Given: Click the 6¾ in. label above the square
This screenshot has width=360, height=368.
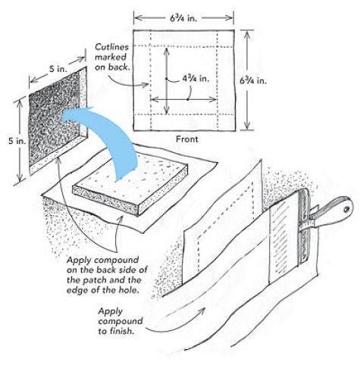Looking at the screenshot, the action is click(x=183, y=17).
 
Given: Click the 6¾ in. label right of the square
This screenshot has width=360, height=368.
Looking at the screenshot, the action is click(x=253, y=80).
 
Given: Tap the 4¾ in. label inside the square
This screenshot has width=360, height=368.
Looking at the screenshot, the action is click(x=196, y=79).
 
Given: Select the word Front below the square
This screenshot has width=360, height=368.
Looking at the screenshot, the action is click(x=187, y=139).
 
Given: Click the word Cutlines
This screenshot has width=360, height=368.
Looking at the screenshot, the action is click(x=112, y=47).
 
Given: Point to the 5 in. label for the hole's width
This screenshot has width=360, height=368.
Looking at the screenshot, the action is click(x=58, y=69).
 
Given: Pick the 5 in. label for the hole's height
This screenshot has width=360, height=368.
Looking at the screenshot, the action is click(x=17, y=141).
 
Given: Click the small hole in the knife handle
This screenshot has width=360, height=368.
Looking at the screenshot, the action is click(x=346, y=209).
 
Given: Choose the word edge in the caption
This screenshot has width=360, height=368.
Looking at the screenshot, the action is click(x=77, y=290).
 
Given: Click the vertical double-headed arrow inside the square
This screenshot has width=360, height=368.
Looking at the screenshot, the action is click(x=166, y=81).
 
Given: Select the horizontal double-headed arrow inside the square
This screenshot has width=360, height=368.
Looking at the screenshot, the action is click(x=183, y=99).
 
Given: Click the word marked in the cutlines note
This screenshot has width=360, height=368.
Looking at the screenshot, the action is click(x=111, y=57).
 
